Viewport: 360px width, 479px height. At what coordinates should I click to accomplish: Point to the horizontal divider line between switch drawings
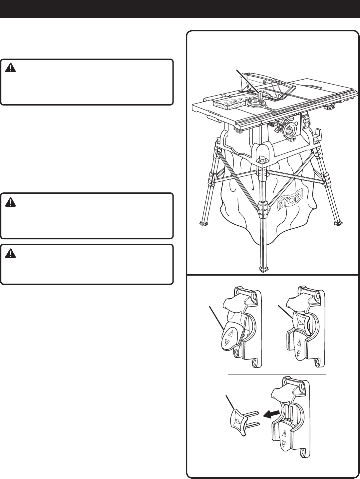(x=276, y=374)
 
